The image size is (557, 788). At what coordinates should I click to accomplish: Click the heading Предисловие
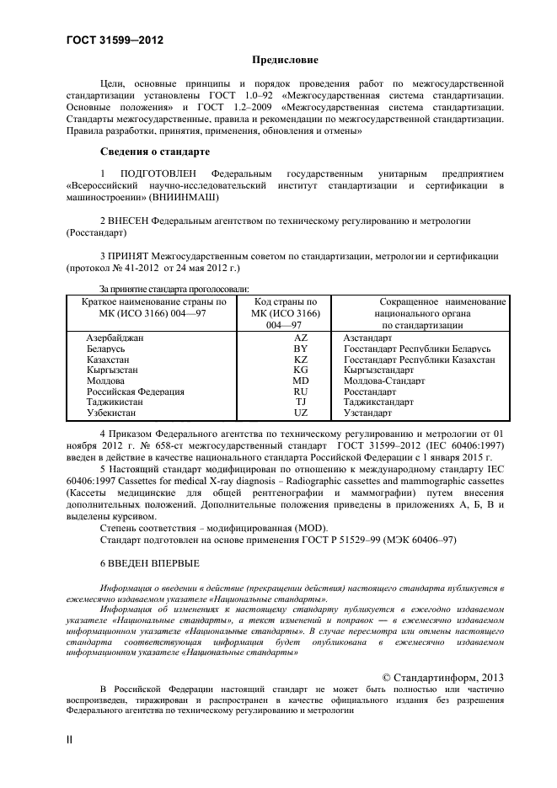286,61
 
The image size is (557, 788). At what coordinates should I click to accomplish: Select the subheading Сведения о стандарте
148,152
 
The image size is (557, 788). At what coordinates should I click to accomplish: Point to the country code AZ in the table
301,337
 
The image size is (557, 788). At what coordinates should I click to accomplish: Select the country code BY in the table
301,348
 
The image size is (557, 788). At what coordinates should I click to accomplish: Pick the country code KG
301,370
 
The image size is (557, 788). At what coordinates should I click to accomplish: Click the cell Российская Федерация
135,391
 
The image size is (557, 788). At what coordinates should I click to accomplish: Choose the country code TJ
301,402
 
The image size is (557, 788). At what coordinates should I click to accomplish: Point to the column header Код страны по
285,301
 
